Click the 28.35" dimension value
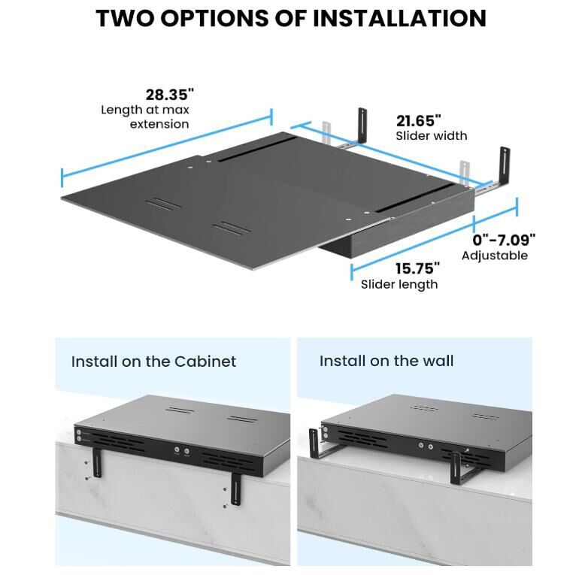pyautogui.click(x=170, y=95)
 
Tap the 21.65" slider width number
pyautogui.click(x=418, y=121)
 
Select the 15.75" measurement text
pyautogui.click(x=417, y=268)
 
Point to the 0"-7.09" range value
pyautogui.click(x=504, y=240)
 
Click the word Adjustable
pyautogui.click(x=495, y=256)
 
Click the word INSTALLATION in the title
pyautogui.click(x=399, y=18)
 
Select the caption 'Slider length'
pyautogui.click(x=399, y=285)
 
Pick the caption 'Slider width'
pyautogui.click(x=432, y=136)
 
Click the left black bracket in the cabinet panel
pyautogui.click(x=97, y=463)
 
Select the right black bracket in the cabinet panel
pyautogui.click(x=235, y=489)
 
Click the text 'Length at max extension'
pyautogui.click(x=145, y=117)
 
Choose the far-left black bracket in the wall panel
pyautogui.click(x=314, y=443)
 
